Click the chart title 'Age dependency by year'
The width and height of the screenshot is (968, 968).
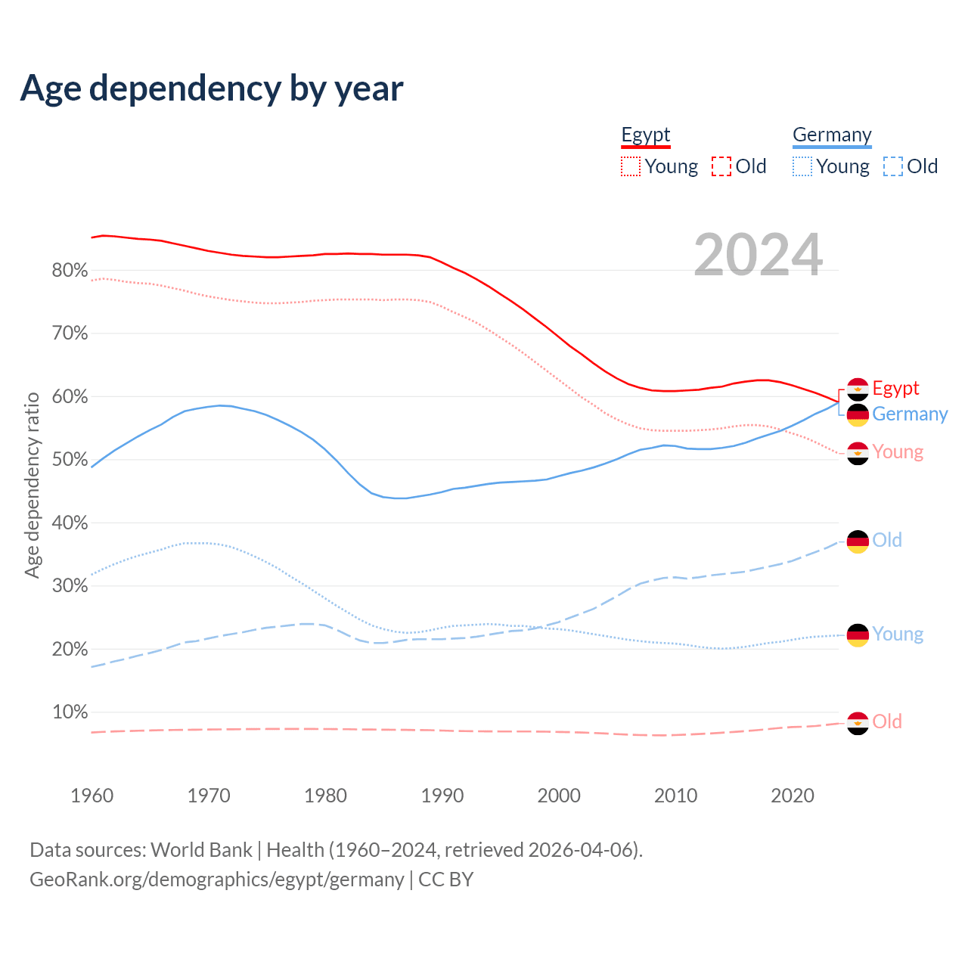coord(212,88)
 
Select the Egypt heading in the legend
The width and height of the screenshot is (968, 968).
coord(646,135)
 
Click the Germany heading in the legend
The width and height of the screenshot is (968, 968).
coord(832,135)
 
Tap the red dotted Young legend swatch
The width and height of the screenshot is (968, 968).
coord(631,166)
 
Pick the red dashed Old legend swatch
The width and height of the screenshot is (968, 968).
coord(721,166)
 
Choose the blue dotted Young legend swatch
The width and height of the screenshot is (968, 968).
coord(802,166)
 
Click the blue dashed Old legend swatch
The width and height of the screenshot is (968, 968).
coord(893,166)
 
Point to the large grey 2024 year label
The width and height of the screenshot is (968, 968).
coord(758,256)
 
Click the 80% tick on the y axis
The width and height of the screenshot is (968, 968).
coord(70,271)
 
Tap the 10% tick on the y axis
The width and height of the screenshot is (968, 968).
coord(70,712)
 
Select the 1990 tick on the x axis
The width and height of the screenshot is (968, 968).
coord(442,796)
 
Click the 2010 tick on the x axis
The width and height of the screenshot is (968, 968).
coord(675,796)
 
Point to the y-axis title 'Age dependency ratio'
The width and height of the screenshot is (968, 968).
coord(32,485)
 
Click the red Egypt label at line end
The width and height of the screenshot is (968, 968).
coord(895,388)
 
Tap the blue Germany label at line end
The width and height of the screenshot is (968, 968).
coord(910,414)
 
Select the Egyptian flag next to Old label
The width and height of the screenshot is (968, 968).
coord(858,723)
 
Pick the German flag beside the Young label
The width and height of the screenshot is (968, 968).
coord(858,635)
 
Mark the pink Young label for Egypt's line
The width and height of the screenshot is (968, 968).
coord(898,452)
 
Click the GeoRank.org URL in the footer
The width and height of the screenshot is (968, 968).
coord(217,880)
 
